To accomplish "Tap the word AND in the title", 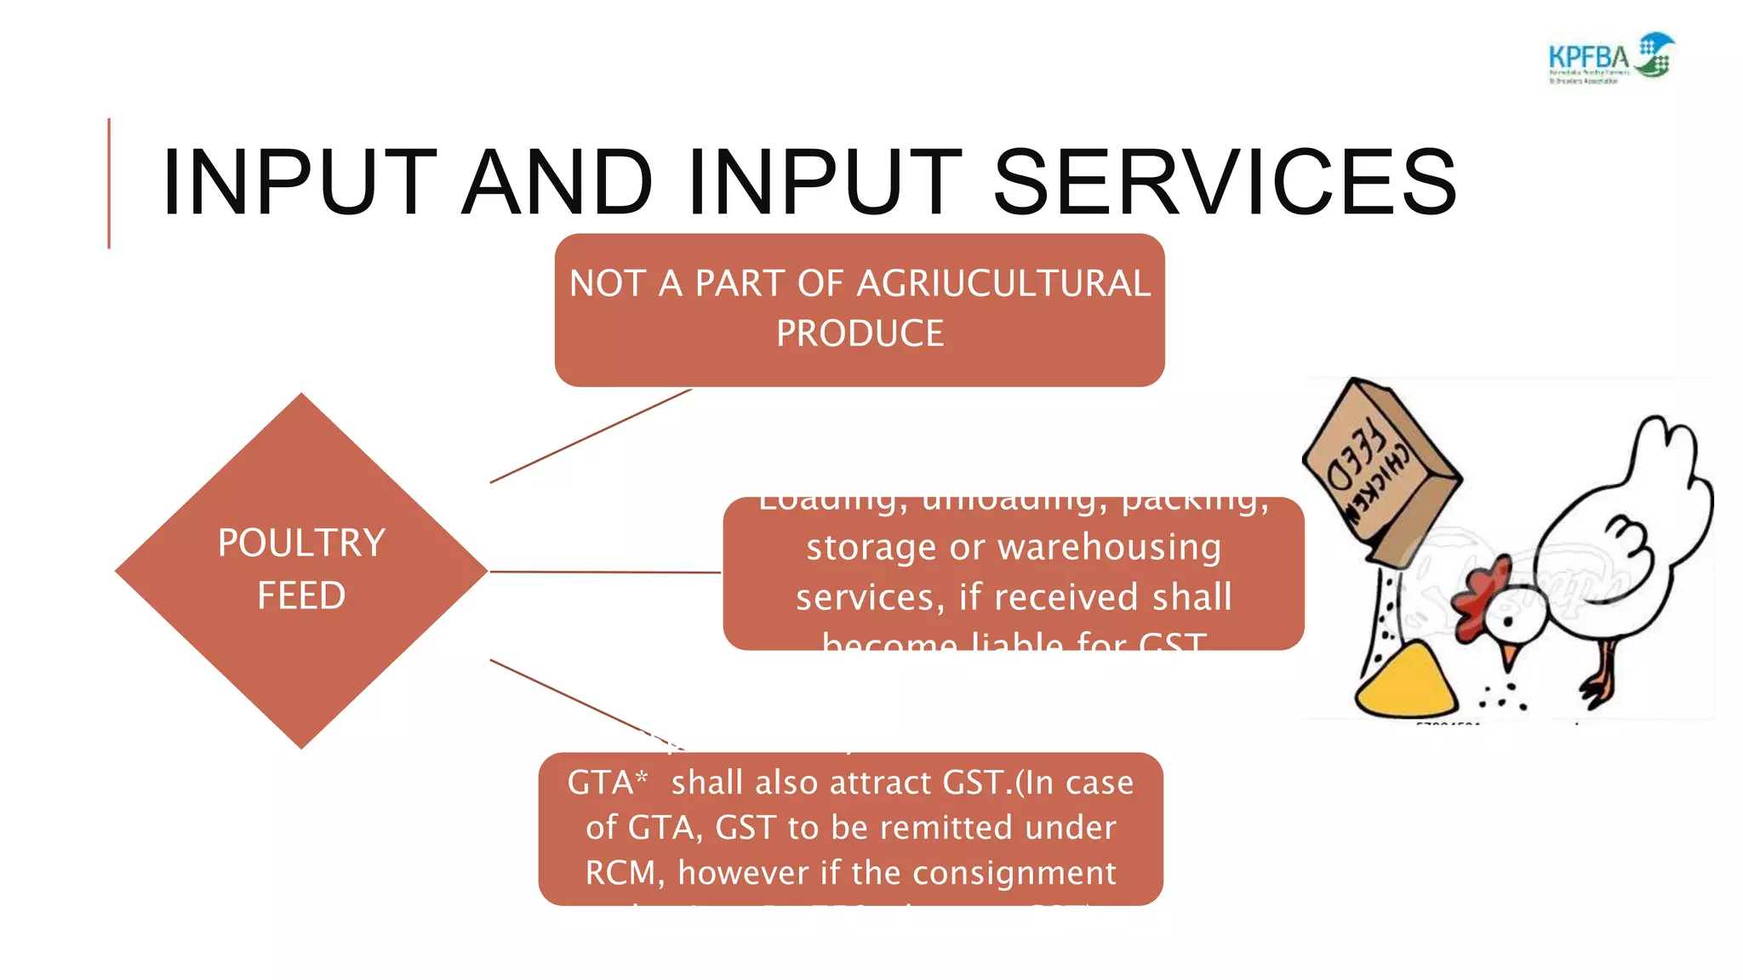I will [557, 183].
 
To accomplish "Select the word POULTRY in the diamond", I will [301, 543].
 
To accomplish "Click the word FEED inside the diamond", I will [301, 595].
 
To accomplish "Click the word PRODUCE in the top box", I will [860, 333].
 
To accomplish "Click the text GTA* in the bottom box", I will [607, 783].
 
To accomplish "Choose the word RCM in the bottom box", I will [623, 873].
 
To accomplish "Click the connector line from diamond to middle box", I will [604, 572].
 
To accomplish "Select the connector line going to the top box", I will [591, 436].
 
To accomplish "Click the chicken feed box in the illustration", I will [1379, 472].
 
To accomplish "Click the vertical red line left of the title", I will [109, 183].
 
